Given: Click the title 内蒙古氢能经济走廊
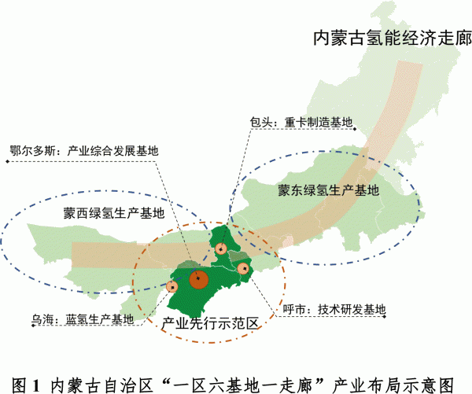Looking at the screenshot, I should (x=392, y=38).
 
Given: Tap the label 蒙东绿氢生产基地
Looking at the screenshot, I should (x=328, y=190).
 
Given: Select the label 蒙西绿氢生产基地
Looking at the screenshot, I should (x=115, y=212).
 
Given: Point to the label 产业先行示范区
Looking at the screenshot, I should (x=211, y=322).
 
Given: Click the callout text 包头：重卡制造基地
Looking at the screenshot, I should (x=300, y=123).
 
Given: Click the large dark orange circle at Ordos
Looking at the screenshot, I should (x=198, y=278).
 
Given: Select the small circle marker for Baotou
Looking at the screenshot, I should (x=222, y=249).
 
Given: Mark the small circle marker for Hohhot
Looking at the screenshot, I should (x=243, y=269).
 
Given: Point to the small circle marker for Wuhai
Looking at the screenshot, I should (x=172, y=285).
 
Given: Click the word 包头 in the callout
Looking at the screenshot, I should (x=260, y=123).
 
